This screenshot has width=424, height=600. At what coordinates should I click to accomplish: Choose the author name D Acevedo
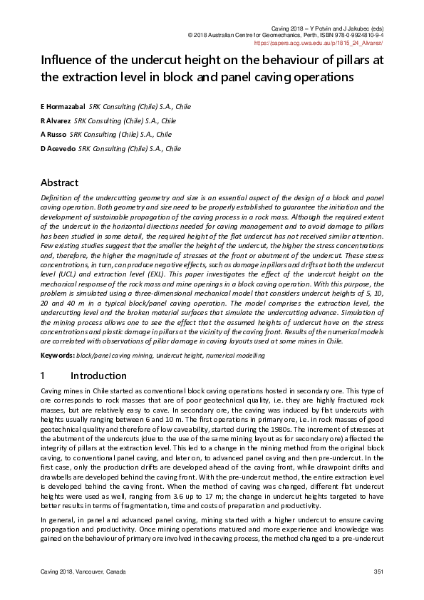coord(58,149)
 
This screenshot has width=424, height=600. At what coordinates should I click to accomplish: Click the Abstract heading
coord(59,182)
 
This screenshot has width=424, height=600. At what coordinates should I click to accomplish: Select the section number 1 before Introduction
coord(43,376)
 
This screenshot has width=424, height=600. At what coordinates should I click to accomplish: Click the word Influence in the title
coord(66,60)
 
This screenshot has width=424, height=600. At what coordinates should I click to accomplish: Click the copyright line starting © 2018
coord(285,34)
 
